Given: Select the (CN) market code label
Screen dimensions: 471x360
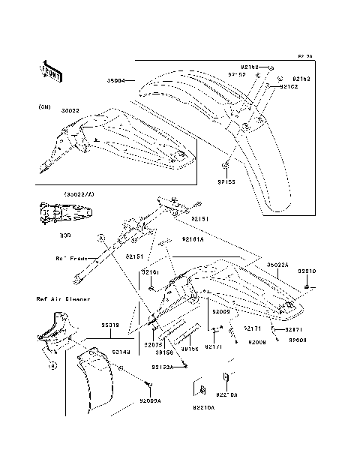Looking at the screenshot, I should (45, 107).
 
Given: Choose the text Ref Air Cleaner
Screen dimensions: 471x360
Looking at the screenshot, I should (63, 298).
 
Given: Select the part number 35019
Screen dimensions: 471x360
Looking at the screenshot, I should (110, 325).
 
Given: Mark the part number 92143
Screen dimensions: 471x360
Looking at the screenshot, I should (124, 349).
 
